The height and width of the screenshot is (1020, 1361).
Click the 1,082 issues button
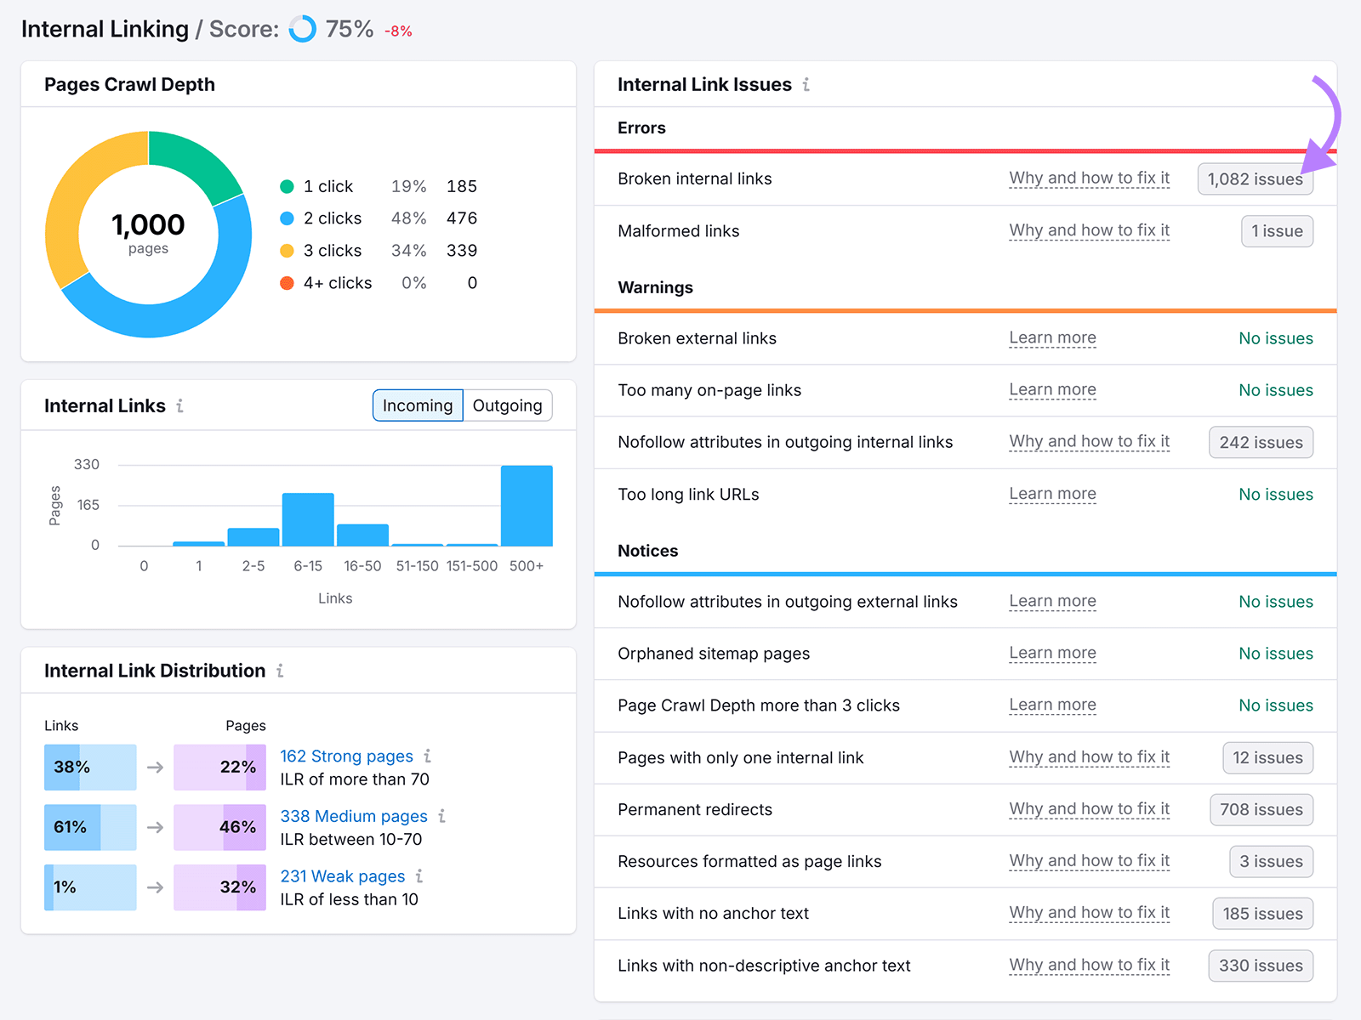coord(1255,179)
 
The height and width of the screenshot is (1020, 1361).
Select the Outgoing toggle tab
coord(507,405)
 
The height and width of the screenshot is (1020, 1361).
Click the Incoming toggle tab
coord(418,405)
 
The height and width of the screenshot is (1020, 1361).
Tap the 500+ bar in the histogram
coord(527,506)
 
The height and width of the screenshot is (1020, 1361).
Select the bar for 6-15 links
coord(308,519)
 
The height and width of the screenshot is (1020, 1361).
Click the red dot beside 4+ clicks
coord(287,283)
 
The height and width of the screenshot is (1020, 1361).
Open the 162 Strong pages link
coord(346,756)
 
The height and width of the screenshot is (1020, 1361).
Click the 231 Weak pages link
coord(343,875)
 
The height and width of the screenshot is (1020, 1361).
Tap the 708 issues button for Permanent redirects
coord(1261,809)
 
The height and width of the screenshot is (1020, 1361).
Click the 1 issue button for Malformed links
coord(1277,231)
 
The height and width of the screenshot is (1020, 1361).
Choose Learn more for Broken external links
coord(1052,338)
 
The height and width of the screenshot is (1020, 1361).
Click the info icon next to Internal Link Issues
coord(806,85)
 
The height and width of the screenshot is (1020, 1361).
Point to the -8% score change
coord(398,31)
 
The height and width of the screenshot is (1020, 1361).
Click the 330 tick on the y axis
coord(87,464)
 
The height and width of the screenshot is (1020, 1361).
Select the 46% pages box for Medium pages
coord(219,827)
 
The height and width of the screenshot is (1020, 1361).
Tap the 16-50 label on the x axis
coord(362,566)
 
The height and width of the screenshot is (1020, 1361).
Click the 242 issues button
coord(1261,442)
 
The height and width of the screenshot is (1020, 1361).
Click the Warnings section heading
coord(655,287)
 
